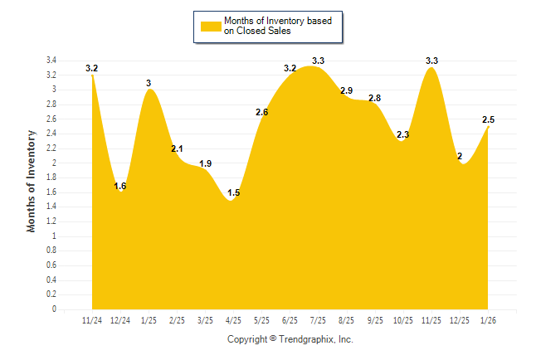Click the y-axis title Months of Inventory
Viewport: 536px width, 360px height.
pyautogui.click(x=32, y=181)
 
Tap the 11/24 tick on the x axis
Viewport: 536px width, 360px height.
pyautogui.click(x=92, y=320)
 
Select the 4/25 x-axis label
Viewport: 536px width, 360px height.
pyautogui.click(x=233, y=320)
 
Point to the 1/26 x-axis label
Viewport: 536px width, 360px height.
pyautogui.click(x=489, y=320)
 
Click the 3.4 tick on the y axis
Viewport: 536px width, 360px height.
pyautogui.click(x=51, y=61)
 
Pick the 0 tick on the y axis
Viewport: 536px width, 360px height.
pyautogui.click(x=54, y=309)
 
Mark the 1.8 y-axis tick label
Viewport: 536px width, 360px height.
pyautogui.click(x=51, y=178)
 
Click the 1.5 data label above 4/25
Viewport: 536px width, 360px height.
pyautogui.click(x=233, y=192)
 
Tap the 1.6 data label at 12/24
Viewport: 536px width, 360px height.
pyautogui.click(x=120, y=186)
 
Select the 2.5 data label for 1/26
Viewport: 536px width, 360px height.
pyautogui.click(x=489, y=119)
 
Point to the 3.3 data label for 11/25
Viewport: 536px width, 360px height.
pyautogui.click(x=431, y=61)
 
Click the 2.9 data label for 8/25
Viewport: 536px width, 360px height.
pyautogui.click(x=347, y=90)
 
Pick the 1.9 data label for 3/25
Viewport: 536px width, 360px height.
pyautogui.click(x=205, y=163)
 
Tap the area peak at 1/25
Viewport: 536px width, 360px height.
pyautogui.click(x=149, y=90)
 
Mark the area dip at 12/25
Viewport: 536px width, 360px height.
pyautogui.click(x=461, y=163)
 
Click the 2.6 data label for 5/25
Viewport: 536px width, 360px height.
pyautogui.click(x=262, y=112)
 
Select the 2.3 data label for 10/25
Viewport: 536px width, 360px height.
pyautogui.click(x=403, y=134)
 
